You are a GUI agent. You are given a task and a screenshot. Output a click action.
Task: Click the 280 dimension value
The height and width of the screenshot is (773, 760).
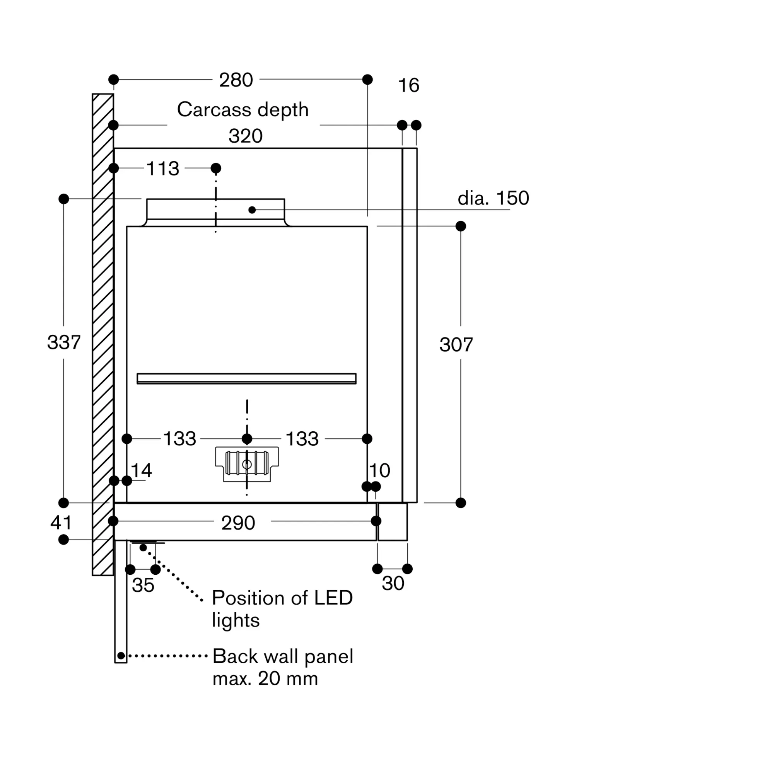tap(236, 80)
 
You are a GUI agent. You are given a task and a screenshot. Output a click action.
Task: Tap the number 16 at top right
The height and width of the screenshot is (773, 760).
tap(409, 85)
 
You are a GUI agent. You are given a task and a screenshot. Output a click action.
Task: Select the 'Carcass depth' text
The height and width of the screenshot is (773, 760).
tap(243, 110)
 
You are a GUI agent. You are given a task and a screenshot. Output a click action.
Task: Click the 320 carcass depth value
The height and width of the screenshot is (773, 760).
tap(246, 136)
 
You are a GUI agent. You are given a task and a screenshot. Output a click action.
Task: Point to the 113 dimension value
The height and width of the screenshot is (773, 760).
tap(163, 169)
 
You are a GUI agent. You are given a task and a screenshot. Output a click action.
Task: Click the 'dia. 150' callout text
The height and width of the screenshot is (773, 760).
tap(493, 198)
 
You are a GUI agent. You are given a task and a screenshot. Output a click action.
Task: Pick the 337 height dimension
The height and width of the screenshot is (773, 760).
tap(64, 342)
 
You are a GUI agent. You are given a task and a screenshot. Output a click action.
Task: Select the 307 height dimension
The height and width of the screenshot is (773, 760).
tap(456, 345)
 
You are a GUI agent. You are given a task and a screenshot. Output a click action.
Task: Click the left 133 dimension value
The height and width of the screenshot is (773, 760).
tap(179, 439)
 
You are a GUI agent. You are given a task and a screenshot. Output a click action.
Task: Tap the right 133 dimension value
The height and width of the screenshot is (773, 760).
tap(302, 439)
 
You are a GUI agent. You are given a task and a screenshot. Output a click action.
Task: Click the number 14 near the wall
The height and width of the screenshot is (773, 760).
tap(141, 471)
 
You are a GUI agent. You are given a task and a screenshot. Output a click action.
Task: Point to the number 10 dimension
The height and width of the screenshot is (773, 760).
tap(379, 471)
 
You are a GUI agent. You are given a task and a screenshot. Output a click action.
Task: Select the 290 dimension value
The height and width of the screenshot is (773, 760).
tap(238, 523)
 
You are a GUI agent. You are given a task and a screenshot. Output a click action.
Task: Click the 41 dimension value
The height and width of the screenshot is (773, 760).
tap(61, 523)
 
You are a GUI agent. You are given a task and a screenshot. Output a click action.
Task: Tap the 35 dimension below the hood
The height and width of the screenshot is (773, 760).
tap(143, 586)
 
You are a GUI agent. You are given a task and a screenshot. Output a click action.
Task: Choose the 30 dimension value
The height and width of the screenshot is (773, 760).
tap(393, 584)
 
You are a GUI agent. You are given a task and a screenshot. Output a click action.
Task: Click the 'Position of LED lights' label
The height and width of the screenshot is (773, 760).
tap(282, 609)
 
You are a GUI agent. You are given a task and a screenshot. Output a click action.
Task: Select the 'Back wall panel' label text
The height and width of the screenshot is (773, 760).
tap(283, 656)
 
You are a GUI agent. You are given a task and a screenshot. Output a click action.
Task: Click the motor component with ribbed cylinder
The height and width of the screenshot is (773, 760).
tap(247, 464)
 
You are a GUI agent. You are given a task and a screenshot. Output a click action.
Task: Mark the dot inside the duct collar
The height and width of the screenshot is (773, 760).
tap(252, 210)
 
